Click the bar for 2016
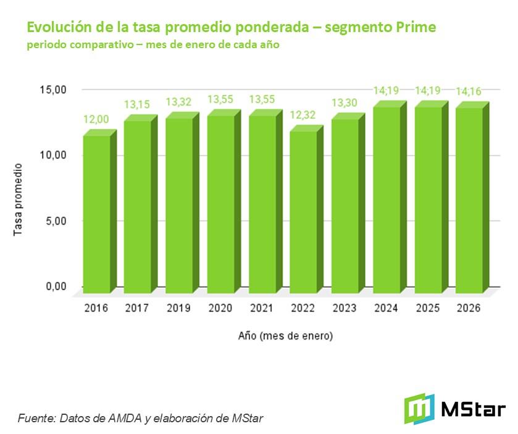click(x=97, y=214)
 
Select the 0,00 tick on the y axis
click(x=56, y=286)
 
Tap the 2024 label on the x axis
click(x=387, y=309)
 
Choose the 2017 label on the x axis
click(x=138, y=309)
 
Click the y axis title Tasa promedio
click(x=18, y=199)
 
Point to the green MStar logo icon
click(x=419, y=409)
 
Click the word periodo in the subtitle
click(x=45, y=46)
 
